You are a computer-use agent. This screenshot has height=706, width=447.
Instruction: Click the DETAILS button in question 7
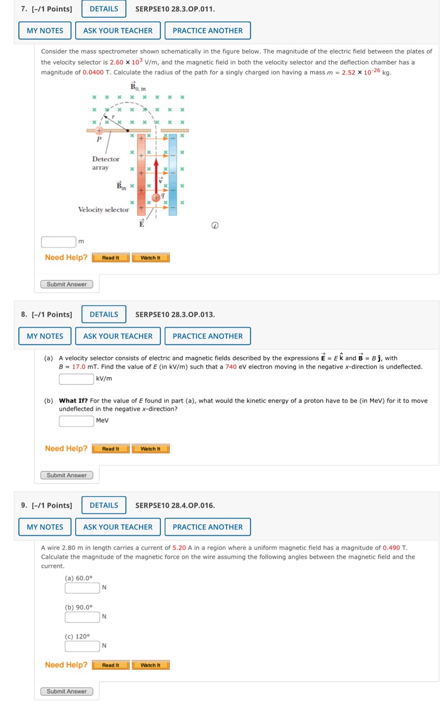(104, 9)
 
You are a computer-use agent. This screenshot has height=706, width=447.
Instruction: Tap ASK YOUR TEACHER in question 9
(118, 527)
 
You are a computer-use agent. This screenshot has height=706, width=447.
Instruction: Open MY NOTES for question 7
(45, 30)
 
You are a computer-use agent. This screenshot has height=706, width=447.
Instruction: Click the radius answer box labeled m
(58, 242)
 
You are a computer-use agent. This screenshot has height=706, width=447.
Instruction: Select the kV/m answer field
(76, 378)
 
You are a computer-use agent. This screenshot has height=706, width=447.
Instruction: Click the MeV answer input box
(76, 421)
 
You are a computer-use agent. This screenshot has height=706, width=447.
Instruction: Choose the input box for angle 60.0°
(82, 587)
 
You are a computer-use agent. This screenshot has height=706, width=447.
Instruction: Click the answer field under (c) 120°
(82, 646)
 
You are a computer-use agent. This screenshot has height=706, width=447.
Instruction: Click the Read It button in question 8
(110, 449)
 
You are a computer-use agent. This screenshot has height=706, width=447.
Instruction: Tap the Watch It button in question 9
(150, 665)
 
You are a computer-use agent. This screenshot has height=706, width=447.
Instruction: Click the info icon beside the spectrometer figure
(214, 226)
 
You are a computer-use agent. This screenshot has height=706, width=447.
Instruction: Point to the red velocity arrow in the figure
(156, 174)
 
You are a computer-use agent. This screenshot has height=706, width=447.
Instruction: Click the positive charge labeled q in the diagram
(156, 197)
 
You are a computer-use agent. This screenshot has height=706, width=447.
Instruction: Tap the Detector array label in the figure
(105, 163)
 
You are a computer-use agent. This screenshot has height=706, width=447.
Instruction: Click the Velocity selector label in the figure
(104, 209)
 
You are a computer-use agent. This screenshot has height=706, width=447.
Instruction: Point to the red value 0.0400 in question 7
(93, 73)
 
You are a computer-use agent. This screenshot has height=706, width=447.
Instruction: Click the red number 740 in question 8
(231, 367)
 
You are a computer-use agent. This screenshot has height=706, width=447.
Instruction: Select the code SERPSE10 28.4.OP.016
(175, 505)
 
